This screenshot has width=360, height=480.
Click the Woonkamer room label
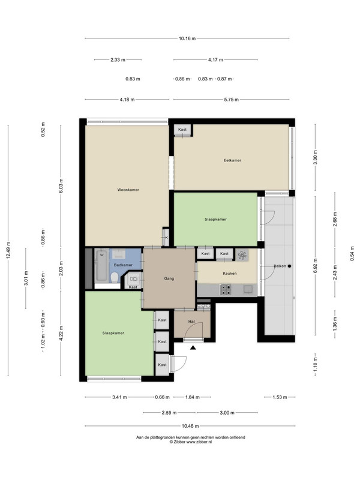(x=128, y=190)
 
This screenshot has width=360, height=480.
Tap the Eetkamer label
(x=232, y=160)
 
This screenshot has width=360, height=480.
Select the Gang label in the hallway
(x=169, y=278)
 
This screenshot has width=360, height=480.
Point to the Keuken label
(x=230, y=274)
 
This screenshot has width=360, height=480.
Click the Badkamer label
(x=123, y=265)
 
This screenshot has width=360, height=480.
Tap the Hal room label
(x=191, y=322)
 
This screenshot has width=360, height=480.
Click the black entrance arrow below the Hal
(x=193, y=347)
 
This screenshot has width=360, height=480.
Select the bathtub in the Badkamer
(x=101, y=265)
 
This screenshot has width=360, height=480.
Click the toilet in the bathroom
(x=115, y=278)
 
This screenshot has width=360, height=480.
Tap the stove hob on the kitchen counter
(x=226, y=290)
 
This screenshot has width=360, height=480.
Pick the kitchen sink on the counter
(x=248, y=289)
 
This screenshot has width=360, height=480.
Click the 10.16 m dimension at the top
(x=187, y=38)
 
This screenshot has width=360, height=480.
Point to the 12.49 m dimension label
(x=8, y=250)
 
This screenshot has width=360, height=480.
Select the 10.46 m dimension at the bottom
(x=190, y=426)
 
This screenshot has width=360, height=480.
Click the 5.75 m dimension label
(x=232, y=100)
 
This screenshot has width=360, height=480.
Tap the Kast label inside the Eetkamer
(x=182, y=130)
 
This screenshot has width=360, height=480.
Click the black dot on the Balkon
(x=289, y=266)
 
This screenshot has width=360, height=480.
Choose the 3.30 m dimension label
(x=316, y=157)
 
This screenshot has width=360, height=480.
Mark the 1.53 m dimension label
(x=280, y=397)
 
